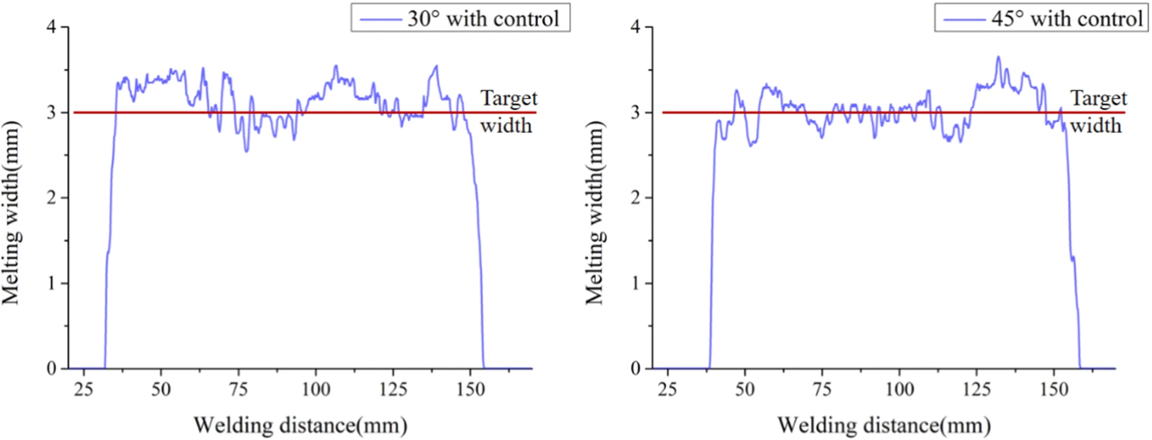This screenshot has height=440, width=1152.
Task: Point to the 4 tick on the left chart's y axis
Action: click(x=51, y=27)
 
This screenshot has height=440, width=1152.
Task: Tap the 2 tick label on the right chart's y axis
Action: click(x=635, y=198)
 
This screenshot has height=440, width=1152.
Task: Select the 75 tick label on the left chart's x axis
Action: click(x=238, y=389)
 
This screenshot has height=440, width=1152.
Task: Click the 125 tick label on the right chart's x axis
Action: click(x=977, y=389)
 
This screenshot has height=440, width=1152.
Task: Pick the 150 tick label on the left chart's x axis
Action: click(x=470, y=389)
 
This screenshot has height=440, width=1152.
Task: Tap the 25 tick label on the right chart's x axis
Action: click(x=667, y=389)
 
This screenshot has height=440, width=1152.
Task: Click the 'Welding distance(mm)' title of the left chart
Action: click(x=300, y=426)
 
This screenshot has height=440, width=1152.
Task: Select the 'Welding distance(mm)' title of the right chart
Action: click(x=884, y=426)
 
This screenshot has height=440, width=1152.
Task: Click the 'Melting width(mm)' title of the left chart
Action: click(x=11, y=213)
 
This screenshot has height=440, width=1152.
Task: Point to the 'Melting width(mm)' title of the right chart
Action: click(x=595, y=213)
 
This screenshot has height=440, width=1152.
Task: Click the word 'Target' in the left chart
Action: click(x=509, y=98)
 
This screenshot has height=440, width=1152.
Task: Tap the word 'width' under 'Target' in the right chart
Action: click(x=1096, y=125)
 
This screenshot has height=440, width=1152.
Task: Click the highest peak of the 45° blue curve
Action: click(x=999, y=57)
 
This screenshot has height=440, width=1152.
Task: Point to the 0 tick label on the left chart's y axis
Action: click(x=51, y=369)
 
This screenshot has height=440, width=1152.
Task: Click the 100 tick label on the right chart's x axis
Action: click(x=899, y=389)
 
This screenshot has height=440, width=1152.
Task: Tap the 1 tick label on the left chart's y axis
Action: click(x=51, y=284)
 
